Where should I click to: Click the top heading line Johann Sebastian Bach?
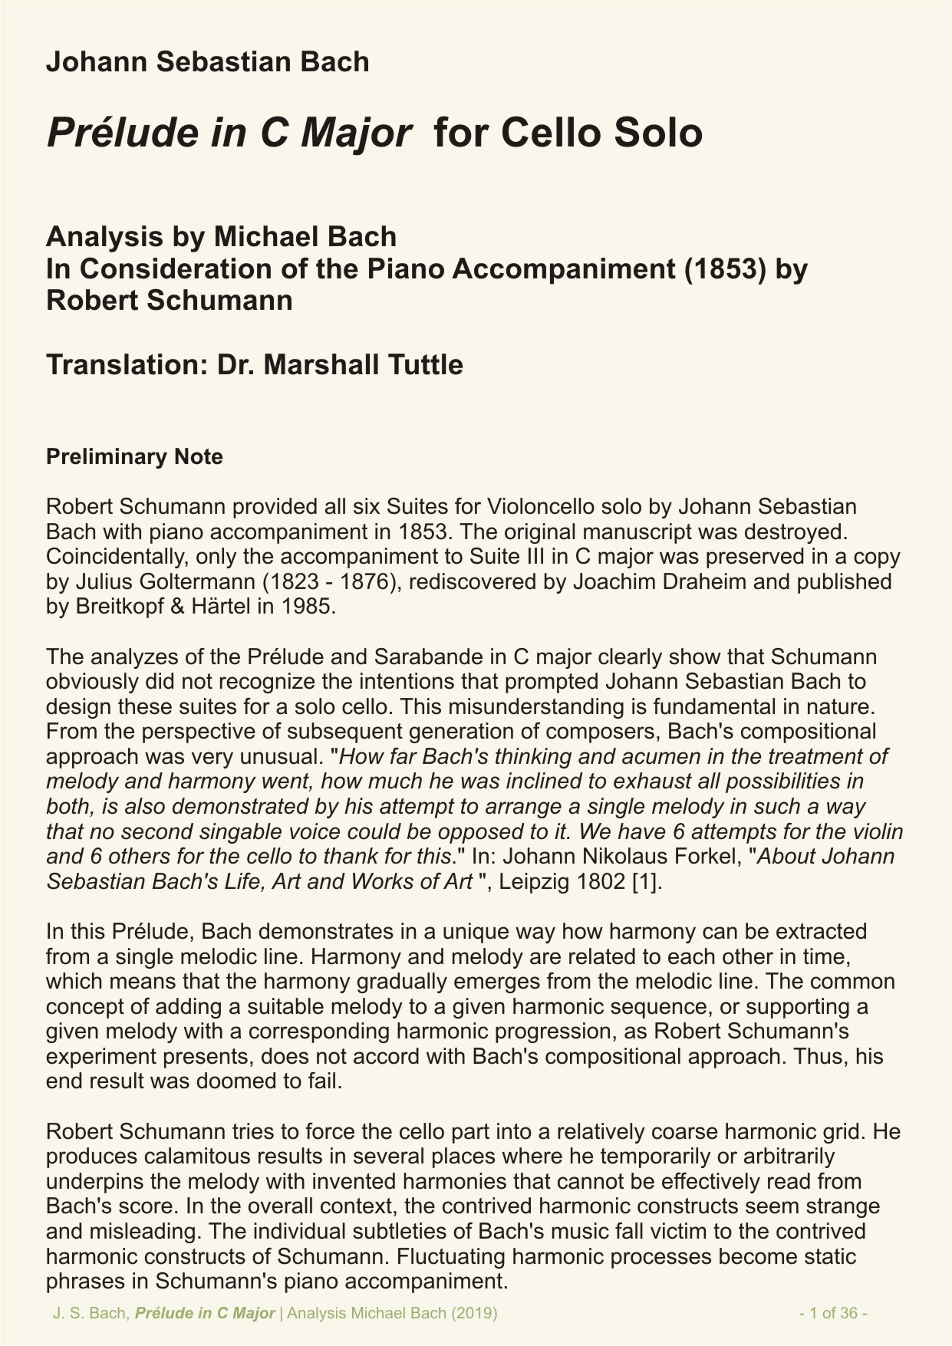(207, 61)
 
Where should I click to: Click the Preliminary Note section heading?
(134, 457)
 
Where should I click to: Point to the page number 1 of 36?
(833, 1312)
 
